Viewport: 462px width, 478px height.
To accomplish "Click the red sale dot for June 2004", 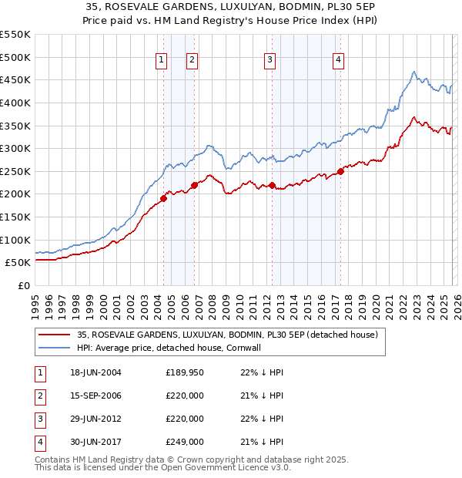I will pyautogui.click(x=163, y=198).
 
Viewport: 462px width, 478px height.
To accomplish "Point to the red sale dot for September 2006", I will pyautogui.click(x=194, y=184).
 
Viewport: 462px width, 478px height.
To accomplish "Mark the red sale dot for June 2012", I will pyautogui.click(x=272, y=185).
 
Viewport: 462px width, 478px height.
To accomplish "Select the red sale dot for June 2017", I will pyautogui.click(x=340, y=172).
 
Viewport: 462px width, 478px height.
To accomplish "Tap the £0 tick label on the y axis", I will pyautogui.click(x=22, y=285).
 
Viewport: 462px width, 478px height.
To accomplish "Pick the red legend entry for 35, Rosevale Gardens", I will pyautogui.click(x=227, y=335).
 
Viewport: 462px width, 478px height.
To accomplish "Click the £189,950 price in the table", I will pyautogui.click(x=185, y=372).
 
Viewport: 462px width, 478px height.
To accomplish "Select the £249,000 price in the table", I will pyautogui.click(x=185, y=442).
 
